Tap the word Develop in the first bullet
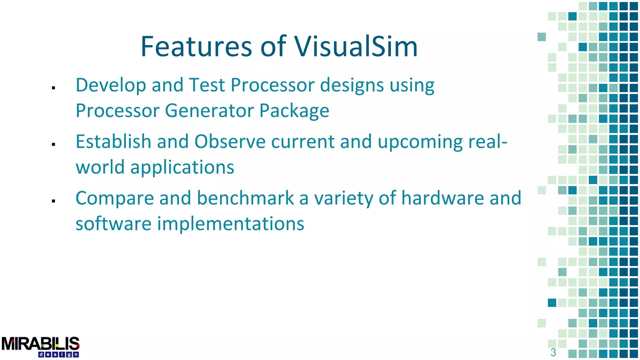pos(111,85)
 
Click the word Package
pos(294,111)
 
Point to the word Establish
pos(113,142)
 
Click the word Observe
pos(230,142)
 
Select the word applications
pos(182,167)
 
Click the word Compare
pos(115,198)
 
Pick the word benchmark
pos(245,198)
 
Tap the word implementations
pos(230,224)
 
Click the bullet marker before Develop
pos(53,88)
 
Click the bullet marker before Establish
pos(53,144)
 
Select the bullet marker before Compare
pos(53,201)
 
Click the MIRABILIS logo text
pos(41,343)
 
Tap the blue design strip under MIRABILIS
pos(58,354)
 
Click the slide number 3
pos(553,352)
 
